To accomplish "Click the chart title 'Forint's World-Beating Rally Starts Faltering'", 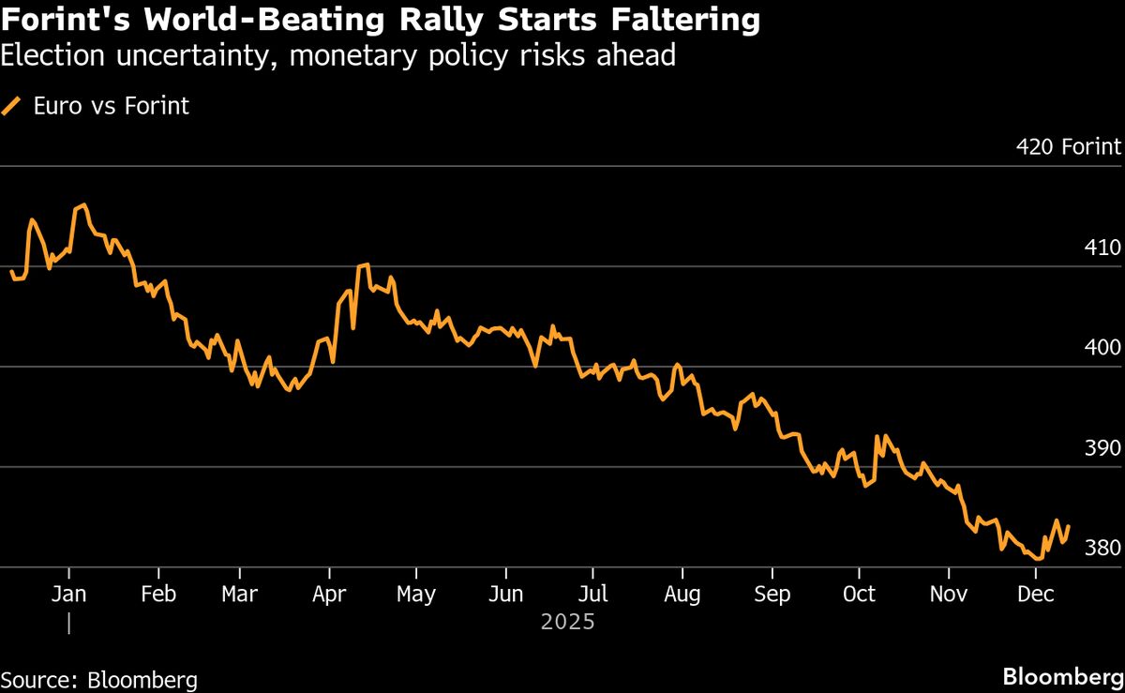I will click(381, 21).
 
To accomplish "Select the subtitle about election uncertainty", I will click(337, 56).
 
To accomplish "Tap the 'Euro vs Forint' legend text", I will click(111, 106).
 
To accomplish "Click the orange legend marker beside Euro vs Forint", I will click(12, 106).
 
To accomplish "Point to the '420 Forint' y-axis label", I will click(1068, 147).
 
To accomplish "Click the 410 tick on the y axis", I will click(1102, 249).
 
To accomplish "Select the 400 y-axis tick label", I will click(1102, 348).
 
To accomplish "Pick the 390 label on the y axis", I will click(1102, 448).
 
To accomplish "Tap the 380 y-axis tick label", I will click(1102, 548).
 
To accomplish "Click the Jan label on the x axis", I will click(68, 594).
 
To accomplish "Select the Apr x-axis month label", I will click(329, 594).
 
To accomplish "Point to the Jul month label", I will click(592, 594).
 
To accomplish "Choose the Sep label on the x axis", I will click(772, 594).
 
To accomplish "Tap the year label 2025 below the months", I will click(567, 622).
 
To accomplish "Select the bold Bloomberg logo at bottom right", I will click(1062, 677).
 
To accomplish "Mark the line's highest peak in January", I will click(83, 204).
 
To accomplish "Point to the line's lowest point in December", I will click(1039, 559).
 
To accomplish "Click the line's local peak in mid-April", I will click(366, 264).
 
